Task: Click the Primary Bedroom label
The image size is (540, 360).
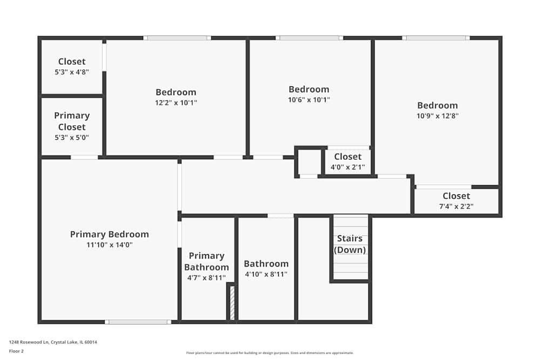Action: (109, 234)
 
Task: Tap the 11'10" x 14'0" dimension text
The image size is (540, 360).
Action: (109, 244)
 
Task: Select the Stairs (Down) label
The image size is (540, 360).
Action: (350, 244)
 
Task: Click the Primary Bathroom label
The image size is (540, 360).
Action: (206, 261)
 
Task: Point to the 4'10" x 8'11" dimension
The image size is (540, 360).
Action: (266, 274)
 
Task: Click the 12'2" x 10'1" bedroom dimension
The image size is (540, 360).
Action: (176, 103)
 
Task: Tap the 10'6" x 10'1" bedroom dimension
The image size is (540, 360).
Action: (309, 99)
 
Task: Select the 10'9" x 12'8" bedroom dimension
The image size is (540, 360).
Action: (437, 116)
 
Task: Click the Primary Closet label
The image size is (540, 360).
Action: (72, 121)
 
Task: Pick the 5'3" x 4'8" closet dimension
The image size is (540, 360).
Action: (72, 72)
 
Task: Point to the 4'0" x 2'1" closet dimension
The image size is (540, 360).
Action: (348, 167)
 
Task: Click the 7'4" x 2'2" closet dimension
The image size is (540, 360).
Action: (456, 206)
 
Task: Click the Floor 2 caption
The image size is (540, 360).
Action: (16, 351)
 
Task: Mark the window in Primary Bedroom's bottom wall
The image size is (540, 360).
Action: (138, 322)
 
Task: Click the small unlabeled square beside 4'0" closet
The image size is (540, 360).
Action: (309, 162)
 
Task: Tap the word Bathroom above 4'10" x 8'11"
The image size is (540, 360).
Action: (266, 264)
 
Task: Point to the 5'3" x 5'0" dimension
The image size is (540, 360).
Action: (72, 137)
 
